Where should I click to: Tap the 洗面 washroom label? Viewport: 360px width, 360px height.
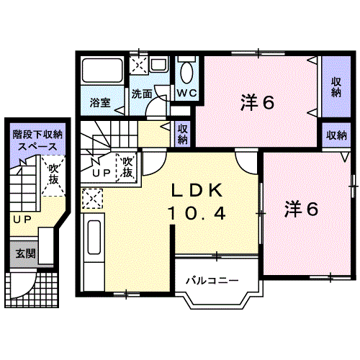coord(142,94)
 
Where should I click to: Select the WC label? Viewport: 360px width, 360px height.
coord(186,93)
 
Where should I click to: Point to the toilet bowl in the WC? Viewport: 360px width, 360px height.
coord(186,71)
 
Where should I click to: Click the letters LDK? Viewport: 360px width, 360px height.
coord(198,191)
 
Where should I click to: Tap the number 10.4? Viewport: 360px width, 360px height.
coord(198,212)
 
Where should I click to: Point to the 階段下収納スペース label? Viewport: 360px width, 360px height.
coord(37,140)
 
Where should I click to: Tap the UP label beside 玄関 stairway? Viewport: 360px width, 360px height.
coord(20,219)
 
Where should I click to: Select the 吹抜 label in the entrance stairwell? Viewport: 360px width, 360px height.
coord(53,176)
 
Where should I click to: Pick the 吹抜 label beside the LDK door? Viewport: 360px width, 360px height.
coord(127,167)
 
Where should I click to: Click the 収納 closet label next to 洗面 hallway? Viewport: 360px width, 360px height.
coord(184,134)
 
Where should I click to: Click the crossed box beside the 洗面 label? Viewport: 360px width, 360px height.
coord(138,65)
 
